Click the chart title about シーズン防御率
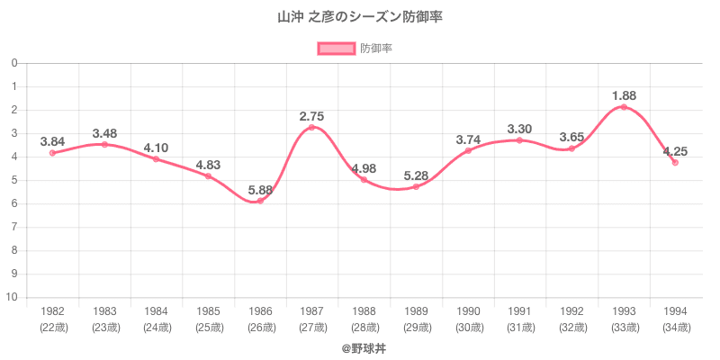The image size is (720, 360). (360, 17)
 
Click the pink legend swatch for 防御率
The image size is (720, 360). (336, 49)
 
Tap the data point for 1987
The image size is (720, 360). (312, 127)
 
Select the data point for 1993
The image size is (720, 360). (624, 107)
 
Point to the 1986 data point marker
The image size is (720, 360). (260, 201)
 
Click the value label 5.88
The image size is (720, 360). (260, 191)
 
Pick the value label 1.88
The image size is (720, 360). (624, 95)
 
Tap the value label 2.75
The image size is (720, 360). (312, 116)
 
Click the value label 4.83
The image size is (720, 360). (208, 165)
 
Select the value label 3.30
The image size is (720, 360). (520, 129)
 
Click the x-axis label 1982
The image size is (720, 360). (52, 311)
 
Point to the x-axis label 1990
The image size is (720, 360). (468, 311)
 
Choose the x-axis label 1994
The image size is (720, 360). (676, 311)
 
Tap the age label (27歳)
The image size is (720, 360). (312, 328)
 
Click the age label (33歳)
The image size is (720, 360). (624, 328)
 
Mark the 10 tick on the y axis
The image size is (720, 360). (14, 298)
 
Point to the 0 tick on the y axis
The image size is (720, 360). (14, 63)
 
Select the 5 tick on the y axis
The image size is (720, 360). (14, 180)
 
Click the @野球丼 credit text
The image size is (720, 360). (360, 347)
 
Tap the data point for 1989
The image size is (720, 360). (416, 186)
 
